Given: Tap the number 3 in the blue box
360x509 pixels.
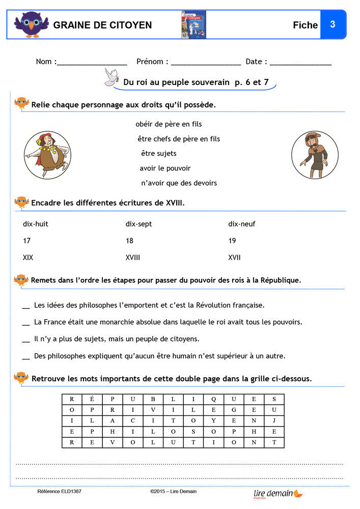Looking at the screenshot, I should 333,24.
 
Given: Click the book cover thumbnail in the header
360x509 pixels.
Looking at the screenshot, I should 193,24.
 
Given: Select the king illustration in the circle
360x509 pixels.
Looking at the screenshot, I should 47,155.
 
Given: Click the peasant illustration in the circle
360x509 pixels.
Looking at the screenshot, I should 314,155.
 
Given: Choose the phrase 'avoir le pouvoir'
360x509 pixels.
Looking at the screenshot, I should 165,168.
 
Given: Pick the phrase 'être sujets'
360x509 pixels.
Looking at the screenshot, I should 158,154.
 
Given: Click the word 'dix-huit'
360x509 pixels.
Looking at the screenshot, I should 36,224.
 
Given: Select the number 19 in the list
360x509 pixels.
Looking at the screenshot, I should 232,241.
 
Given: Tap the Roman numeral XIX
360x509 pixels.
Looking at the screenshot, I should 28,258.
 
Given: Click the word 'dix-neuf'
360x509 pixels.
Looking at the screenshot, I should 242,224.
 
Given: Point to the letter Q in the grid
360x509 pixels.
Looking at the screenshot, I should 214,399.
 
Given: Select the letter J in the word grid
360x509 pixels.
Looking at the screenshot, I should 274,421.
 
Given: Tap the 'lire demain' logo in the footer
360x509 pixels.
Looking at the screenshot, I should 278,493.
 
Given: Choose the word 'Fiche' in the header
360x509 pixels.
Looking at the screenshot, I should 305,25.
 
